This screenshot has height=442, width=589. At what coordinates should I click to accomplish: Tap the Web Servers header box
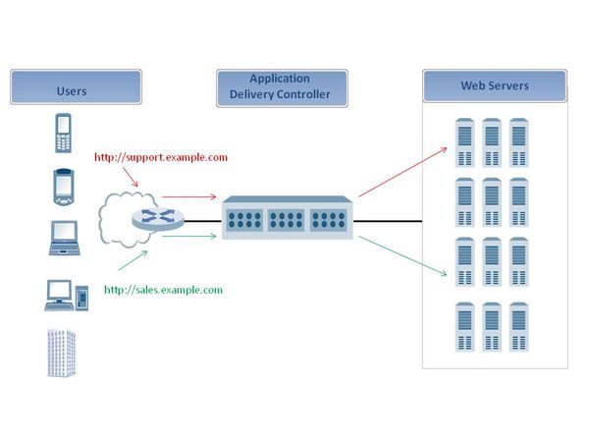[495, 86]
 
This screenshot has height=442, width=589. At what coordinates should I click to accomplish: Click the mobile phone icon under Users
[63, 133]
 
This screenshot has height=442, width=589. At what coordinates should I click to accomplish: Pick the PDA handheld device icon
[62, 186]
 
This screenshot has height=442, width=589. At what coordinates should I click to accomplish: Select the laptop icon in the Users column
[63, 237]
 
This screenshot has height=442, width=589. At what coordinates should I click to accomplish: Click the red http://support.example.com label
[161, 157]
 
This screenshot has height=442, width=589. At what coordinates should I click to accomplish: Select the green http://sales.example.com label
[163, 290]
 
